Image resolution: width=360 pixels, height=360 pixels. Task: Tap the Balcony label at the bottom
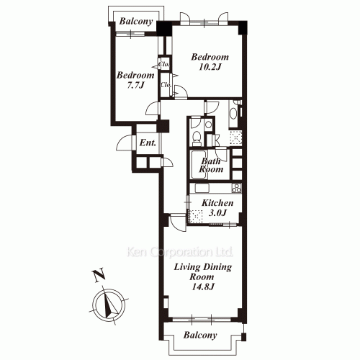(x=199, y=336)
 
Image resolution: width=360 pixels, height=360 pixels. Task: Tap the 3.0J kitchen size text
(x=217, y=215)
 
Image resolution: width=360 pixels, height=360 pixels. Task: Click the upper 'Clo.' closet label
(x=164, y=64)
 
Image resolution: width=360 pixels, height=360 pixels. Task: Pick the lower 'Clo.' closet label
(x=166, y=87)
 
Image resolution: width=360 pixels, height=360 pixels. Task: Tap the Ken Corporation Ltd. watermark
(x=180, y=253)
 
